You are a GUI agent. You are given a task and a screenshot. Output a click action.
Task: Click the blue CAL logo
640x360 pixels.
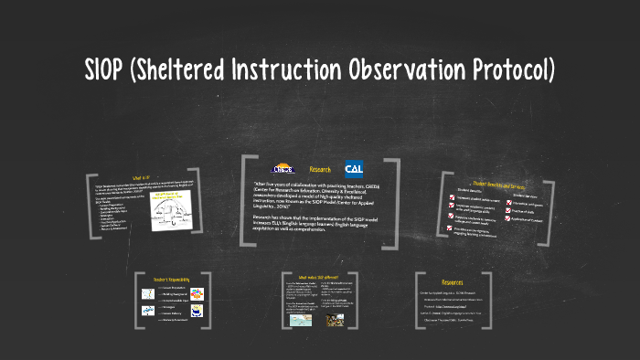[354, 169]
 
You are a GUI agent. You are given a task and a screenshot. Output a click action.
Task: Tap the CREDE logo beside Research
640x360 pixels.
[283, 169]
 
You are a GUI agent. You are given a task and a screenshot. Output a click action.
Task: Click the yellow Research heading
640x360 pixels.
[320, 169]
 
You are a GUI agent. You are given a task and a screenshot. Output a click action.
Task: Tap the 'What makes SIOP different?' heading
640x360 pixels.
[318, 277]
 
